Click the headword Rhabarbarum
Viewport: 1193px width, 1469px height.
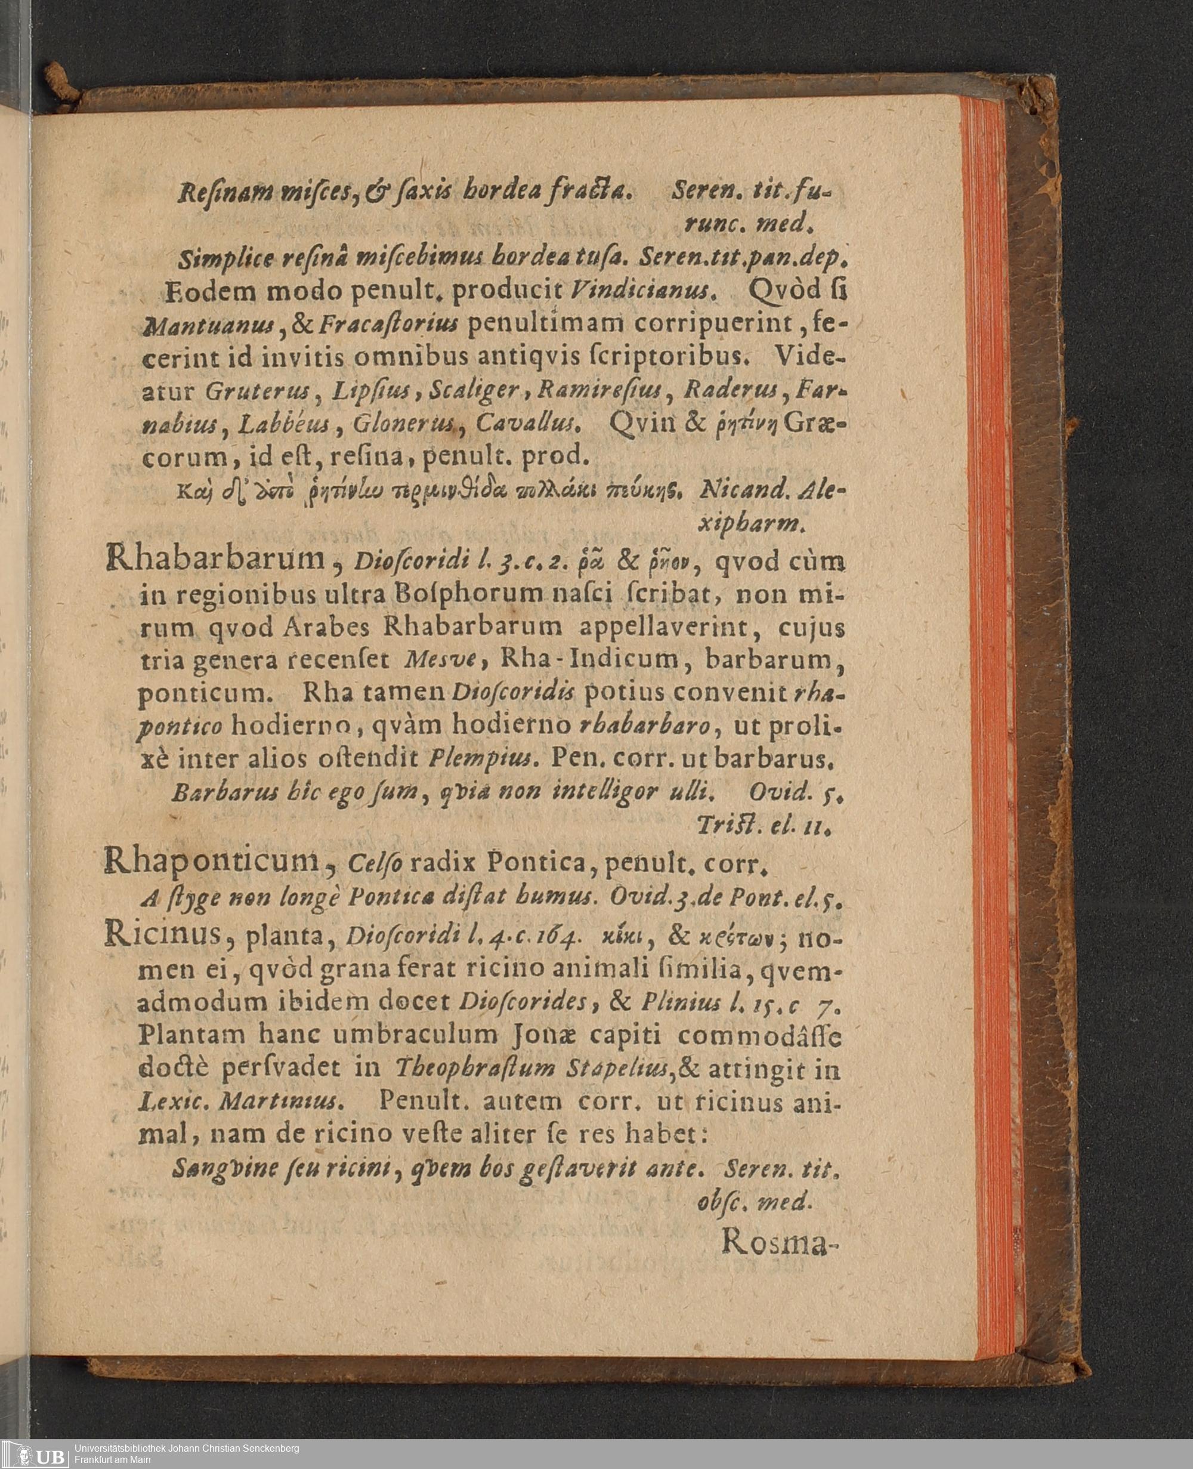(x=216, y=560)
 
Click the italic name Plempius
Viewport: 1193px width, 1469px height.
(x=480, y=758)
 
